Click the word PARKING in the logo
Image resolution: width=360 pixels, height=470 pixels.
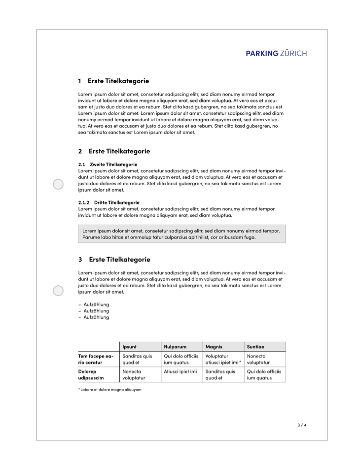(262, 53)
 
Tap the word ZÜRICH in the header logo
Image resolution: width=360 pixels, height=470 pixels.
(293, 53)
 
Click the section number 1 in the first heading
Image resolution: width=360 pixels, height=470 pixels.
(80, 81)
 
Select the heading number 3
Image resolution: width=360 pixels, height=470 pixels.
(80, 260)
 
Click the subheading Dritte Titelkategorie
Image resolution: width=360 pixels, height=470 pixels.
(116, 202)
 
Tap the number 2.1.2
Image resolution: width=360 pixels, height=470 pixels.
(83, 202)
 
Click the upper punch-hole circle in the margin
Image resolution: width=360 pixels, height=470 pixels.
(58, 184)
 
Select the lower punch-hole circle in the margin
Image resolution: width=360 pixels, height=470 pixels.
(58, 291)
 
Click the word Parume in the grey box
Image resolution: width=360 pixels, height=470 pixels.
(91, 237)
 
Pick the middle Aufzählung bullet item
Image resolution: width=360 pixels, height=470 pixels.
(96, 311)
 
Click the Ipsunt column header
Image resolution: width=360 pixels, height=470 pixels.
(129, 347)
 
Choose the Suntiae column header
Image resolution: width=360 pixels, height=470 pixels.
(255, 347)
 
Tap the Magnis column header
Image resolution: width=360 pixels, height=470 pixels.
(214, 347)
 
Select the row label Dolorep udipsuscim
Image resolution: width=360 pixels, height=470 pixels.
(91, 374)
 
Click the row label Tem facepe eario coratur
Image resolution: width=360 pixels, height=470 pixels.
(96, 359)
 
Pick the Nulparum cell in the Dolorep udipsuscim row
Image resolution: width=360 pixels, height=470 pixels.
(180, 371)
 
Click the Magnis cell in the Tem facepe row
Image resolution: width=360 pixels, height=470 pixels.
(223, 359)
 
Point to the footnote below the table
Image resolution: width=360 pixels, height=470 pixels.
(109, 390)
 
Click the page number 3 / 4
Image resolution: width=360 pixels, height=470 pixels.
(302, 425)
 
